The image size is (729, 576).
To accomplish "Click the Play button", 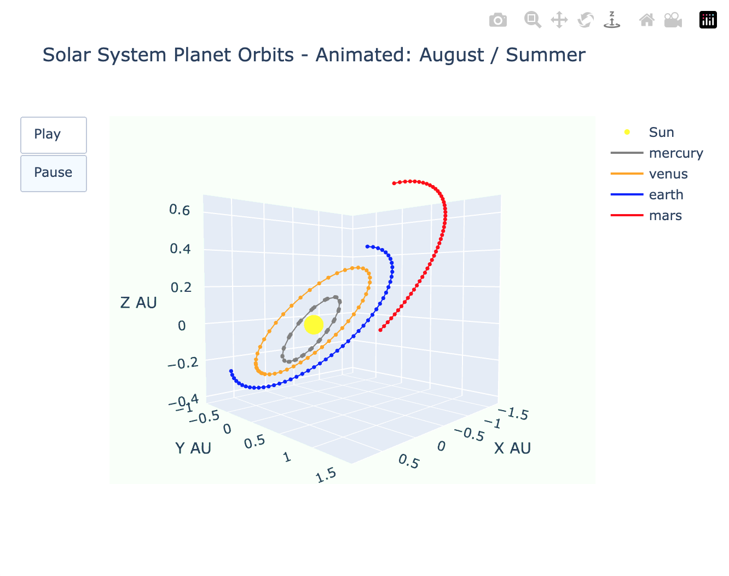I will pos(53,135).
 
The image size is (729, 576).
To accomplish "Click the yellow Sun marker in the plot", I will pos(314,325).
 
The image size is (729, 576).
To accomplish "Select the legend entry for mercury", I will pos(675,153).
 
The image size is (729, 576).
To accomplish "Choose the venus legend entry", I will pos(668,174).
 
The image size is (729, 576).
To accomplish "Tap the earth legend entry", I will pos(666,195).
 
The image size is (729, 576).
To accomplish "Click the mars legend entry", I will pos(665,216).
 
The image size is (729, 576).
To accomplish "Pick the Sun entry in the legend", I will pos(661,133).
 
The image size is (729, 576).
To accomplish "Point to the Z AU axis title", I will pos(138,303).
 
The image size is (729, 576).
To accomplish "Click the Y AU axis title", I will pos(193,448).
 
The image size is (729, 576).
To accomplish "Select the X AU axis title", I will pos(512,448).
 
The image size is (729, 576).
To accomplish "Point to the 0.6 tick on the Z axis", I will pos(180,210).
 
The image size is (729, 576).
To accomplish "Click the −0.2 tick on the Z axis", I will pos(183,364).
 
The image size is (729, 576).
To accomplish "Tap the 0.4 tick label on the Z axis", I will pos(180,249).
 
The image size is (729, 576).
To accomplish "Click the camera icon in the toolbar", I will pos(497,20).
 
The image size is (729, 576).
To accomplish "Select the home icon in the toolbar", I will pos(647,20).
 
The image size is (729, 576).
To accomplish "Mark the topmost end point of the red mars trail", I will pos(394,183).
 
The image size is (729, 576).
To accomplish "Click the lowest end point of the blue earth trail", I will pos(230,371).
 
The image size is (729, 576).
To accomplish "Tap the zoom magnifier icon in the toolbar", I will pos(533,20).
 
